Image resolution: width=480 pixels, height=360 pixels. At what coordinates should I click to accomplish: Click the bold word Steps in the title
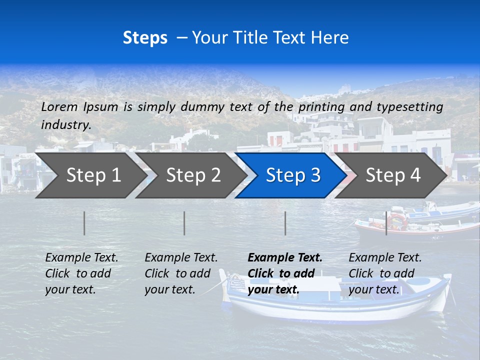click(145, 38)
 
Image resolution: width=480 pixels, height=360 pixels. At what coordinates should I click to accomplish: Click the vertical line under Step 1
click(84, 223)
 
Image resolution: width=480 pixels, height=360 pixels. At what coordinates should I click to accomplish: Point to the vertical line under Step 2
click(184, 223)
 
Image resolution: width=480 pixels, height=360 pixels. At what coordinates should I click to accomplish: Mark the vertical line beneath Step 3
click(285, 223)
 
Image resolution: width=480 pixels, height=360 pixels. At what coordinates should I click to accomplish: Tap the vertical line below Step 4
click(386, 223)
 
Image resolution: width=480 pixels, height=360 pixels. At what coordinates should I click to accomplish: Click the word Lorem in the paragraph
click(59, 106)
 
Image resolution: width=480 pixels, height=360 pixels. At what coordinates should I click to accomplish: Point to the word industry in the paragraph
click(66, 125)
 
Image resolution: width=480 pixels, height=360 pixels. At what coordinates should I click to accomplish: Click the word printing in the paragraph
click(321, 107)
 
